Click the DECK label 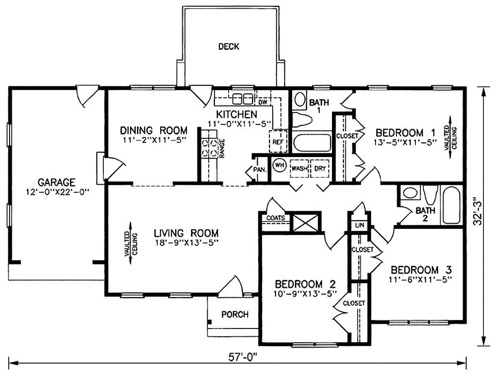point(229,47)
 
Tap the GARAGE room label point(56,182)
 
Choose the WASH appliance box point(299,168)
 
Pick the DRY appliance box point(320,168)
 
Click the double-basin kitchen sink point(243,99)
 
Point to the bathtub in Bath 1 point(312,141)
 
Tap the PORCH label point(235,314)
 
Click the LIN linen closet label point(359,226)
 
